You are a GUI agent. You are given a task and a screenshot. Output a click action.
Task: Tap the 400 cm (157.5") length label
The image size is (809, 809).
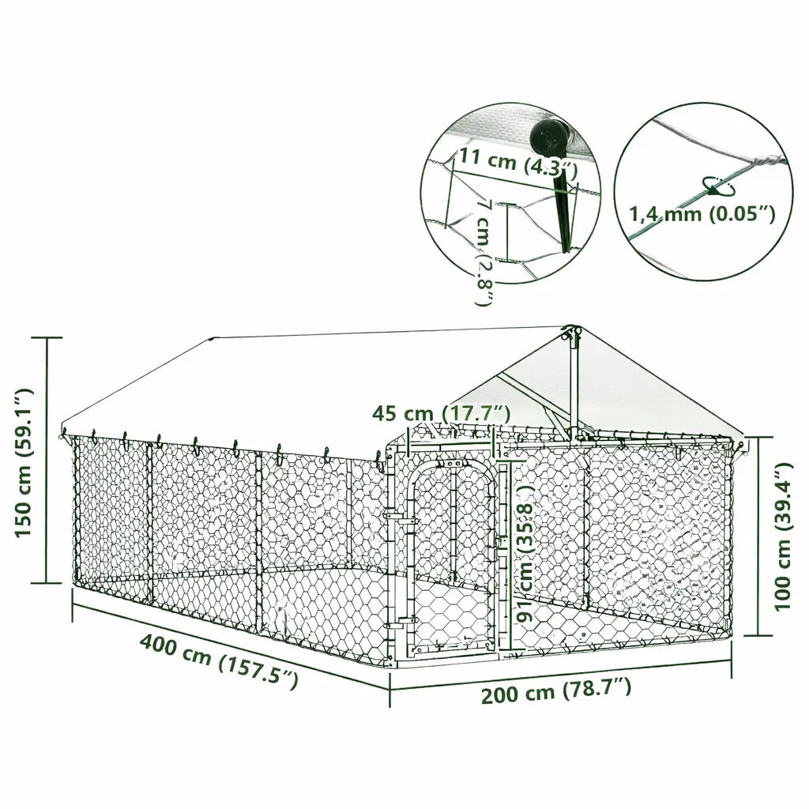[219, 661]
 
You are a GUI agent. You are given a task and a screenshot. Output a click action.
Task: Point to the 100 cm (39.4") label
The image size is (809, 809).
[783, 537]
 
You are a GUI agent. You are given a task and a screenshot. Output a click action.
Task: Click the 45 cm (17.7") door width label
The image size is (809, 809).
[442, 413]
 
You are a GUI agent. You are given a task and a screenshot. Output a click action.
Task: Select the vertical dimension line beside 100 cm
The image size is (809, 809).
[758, 537]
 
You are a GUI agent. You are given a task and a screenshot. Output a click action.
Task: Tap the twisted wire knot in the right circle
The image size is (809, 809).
[762, 161]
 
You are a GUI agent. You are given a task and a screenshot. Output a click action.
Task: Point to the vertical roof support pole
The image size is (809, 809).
[572, 379]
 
